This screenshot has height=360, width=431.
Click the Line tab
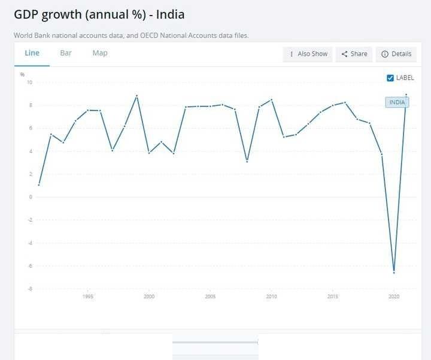tap(32, 53)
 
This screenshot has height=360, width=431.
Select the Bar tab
tap(66, 53)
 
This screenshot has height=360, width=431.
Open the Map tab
tap(100, 53)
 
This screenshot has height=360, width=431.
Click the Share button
tap(354, 54)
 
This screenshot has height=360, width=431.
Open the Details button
tap(396, 54)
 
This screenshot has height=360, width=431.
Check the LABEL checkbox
tap(390, 78)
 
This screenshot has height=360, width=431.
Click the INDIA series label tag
tap(397, 102)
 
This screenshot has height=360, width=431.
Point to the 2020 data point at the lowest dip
tap(394, 273)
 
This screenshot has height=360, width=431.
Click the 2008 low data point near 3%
tap(247, 162)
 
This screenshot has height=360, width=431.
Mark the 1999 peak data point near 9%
tap(136, 96)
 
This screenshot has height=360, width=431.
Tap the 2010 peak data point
tap(272, 99)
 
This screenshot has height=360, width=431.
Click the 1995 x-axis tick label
tap(87, 297)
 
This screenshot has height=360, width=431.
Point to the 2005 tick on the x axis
tap(210, 297)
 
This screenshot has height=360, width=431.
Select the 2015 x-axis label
tap(333, 297)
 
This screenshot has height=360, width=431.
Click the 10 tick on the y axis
tap(29, 82)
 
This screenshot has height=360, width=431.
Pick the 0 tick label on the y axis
tap(31, 197)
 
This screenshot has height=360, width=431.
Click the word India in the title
tap(170, 14)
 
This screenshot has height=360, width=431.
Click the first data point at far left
tap(39, 185)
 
